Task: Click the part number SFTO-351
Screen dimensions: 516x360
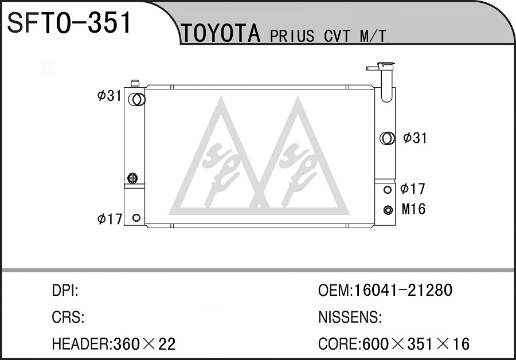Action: [69, 23]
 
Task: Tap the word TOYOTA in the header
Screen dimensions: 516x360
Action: [221, 34]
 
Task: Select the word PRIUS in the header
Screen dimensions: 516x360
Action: [292, 36]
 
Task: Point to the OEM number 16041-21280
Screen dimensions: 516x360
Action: [403, 290]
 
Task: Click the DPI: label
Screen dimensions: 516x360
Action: [65, 291]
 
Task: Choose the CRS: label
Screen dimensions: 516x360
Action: [68, 317]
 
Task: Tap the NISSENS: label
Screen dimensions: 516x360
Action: [350, 317]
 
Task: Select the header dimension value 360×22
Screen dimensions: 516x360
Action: [144, 344]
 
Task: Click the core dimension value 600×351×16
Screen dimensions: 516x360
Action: [416, 344]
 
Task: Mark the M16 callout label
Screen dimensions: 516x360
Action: [413, 209]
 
